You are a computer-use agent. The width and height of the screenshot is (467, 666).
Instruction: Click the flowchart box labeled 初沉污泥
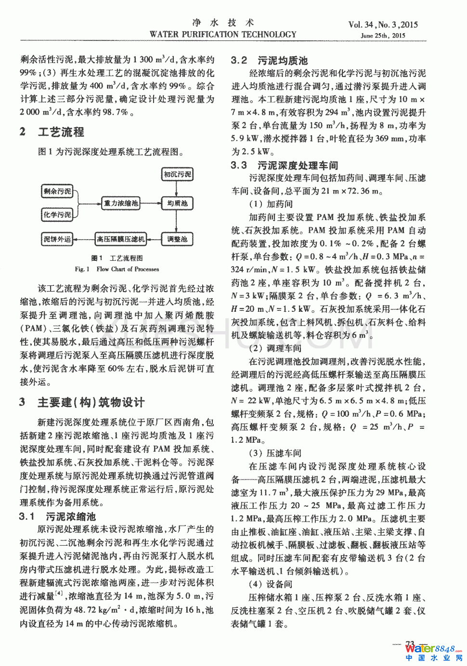[x=177, y=174]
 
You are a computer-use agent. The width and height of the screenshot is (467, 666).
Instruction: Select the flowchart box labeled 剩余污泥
[x=57, y=192]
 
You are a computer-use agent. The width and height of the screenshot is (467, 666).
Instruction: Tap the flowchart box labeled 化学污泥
[x=57, y=214]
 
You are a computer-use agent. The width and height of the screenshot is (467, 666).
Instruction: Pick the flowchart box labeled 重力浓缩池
[x=121, y=203]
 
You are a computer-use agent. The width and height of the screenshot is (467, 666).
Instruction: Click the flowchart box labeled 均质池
[x=177, y=203]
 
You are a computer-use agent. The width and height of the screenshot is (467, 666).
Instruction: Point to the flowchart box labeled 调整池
[x=177, y=239]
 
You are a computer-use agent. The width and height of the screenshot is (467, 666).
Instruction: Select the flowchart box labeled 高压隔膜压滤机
[x=120, y=239]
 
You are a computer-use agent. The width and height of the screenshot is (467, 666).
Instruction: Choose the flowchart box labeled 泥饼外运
[x=57, y=239]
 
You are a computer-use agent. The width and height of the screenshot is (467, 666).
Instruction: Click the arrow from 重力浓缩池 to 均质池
[x=150, y=203]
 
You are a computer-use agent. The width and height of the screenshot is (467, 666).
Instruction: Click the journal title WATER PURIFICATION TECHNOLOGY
[x=223, y=35]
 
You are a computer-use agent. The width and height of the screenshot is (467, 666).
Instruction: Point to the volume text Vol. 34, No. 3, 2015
[x=383, y=25]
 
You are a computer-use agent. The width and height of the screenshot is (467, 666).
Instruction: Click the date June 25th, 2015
[x=383, y=36]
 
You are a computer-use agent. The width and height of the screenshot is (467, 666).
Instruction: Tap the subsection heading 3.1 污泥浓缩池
[x=57, y=517]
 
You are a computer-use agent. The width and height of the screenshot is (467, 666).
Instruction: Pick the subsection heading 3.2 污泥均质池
[x=269, y=61]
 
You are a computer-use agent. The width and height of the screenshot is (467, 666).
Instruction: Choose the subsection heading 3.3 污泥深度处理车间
[x=284, y=166]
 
